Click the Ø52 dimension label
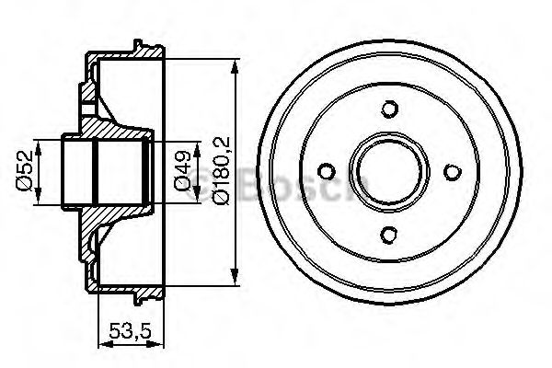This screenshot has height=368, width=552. coord(25,172)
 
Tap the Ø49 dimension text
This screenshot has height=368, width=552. coord(182,171)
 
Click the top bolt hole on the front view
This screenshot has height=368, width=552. coord(388,109)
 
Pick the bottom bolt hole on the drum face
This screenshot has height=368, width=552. coord(388,232)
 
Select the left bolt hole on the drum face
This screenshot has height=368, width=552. coord(327,171)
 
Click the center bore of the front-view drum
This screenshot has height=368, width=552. coord(388,171)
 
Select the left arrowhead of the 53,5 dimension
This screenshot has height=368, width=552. coord(101,342)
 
